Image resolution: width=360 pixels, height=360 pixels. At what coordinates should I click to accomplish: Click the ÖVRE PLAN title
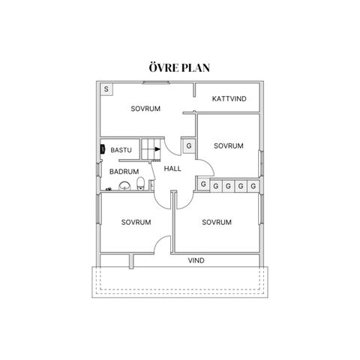point(179,67)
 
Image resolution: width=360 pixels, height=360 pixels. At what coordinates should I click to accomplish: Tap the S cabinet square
point(106,89)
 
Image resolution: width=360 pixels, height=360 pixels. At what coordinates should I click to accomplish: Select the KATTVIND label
point(229,99)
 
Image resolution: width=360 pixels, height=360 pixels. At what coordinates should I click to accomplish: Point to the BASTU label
point(121,150)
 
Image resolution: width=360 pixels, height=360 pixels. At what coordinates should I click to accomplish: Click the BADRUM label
point(124,172)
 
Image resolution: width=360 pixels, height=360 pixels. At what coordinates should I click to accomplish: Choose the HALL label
point(172,169)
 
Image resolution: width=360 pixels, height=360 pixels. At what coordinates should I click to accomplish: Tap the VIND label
point(196,260)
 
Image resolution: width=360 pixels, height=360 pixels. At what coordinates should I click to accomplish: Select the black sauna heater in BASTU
point(103,149)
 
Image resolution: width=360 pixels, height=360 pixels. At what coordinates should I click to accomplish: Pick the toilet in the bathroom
point(141,184)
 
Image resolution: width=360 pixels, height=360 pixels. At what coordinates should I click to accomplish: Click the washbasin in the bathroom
point(124,186)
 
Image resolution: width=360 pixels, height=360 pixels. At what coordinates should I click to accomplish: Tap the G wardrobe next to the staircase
point(189,145)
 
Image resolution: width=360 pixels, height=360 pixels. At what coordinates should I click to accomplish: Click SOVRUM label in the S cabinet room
point(145,109)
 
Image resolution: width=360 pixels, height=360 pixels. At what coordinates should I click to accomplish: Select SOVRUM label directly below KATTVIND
point(229,145)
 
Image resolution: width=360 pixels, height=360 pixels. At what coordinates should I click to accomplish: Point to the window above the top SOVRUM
point(156,82)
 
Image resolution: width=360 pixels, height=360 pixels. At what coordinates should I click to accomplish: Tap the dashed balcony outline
point(180,289)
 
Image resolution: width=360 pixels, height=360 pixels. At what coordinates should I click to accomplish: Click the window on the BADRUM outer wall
point(99,170)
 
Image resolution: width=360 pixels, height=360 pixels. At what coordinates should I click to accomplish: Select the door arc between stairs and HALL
point(172,150)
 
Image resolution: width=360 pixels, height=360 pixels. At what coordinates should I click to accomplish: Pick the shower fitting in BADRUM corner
point(109,189)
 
